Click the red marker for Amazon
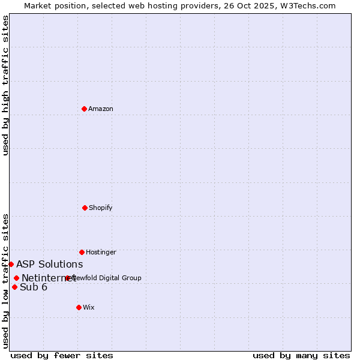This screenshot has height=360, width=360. point(85,109)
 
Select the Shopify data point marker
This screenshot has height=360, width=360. point(85,208)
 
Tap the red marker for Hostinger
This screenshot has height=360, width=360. point(82,252)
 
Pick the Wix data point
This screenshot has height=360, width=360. point(79,307)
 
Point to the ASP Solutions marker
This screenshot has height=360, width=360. point(11,264)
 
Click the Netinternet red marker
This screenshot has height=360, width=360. point(16,278)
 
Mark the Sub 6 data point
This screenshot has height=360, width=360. point(14,287)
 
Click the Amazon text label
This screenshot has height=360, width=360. point(101,109)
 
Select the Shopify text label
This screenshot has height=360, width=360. point(101,208)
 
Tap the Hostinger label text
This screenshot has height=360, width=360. point(101,253)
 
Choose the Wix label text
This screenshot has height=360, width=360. point(89,308)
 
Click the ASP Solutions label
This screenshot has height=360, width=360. point(50,265)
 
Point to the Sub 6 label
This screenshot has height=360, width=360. point(34,287)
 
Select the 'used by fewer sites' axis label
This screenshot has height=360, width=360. point(62,356)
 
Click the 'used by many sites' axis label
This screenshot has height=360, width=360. point(301,356)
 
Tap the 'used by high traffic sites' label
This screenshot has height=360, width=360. point(6,85)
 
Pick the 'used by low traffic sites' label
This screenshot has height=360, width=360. point(6,281)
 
